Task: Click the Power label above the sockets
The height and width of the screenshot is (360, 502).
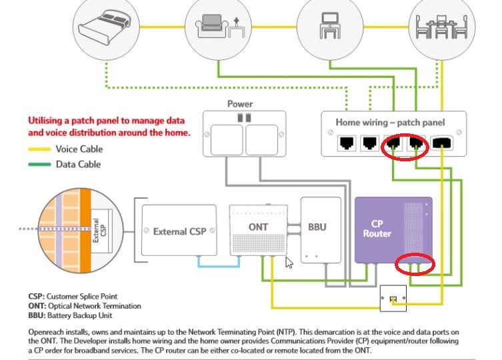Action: [240, 104]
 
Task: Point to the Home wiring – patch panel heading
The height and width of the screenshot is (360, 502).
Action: [391, 123]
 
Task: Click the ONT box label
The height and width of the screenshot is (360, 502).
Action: [259, 227]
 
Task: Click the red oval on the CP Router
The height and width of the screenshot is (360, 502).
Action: [414, 264]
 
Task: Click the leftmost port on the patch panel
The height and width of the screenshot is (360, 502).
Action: [347, 142]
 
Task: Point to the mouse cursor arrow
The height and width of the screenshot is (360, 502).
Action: [289, 261]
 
